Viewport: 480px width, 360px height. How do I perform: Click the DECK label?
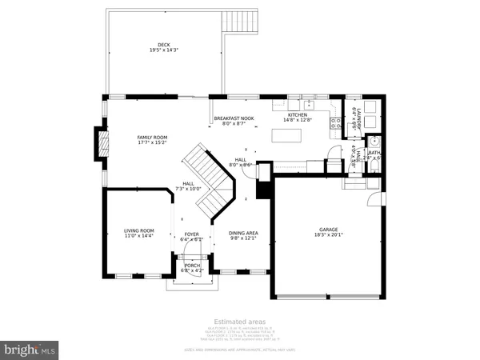(x=164, y=45)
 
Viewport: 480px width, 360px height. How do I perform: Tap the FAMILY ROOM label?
(x=151, y=138)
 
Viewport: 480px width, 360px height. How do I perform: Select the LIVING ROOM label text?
(x=138, y=230)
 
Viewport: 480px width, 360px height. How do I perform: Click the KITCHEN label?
(x=298, y=114)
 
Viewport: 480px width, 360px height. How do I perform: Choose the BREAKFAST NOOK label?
(x=234, y=118)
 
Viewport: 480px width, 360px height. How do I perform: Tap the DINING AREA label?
(x=242, y=232)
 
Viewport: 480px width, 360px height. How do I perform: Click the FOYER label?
(x=192, y=234)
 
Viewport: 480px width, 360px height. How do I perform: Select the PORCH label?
(x=192, y=266)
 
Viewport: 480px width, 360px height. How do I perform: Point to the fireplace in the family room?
(x=100, y=145)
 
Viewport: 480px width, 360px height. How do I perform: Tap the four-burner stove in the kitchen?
(x=337, y=124)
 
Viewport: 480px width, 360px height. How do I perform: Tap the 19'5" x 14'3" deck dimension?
(x=164, y=50)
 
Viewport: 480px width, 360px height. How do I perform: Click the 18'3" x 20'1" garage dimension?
(x=330, y=236)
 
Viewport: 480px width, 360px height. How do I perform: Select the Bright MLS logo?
(x=30, y=350)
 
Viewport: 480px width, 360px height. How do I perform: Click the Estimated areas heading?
(x=239, y=321)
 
